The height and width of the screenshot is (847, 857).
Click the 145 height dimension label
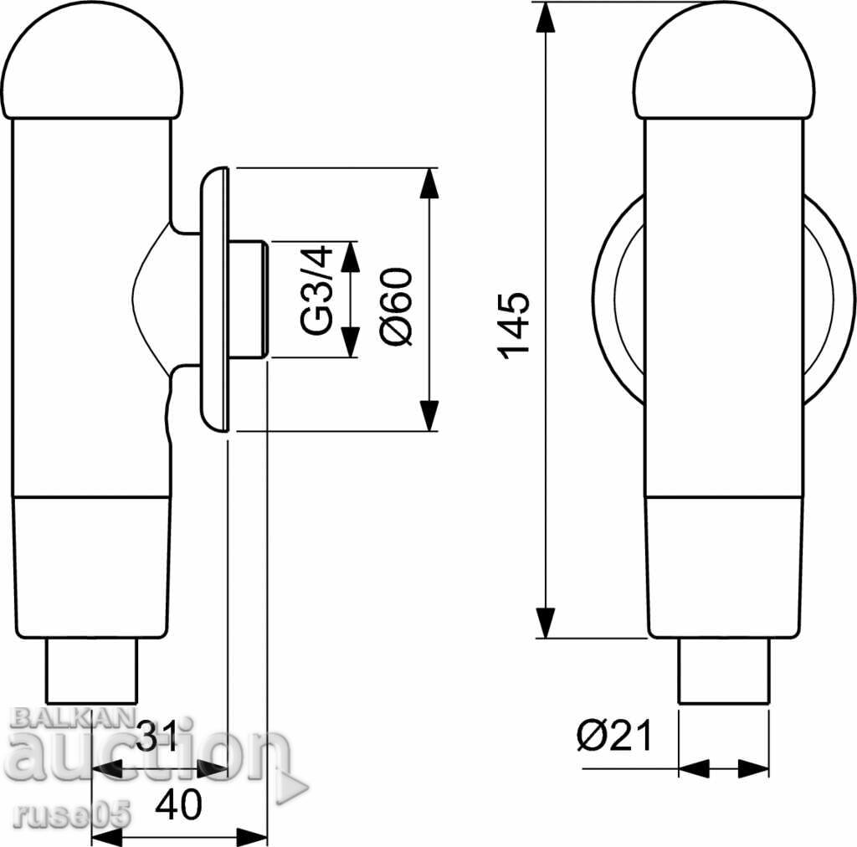click(x=515, y=326)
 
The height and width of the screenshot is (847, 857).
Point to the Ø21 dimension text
click(x=614, y=736)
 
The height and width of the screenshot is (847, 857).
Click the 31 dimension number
click(x=157, y=736)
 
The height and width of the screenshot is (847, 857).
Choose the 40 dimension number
click(x=179, y=803)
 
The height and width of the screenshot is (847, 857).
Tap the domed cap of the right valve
click(x=724, y=61)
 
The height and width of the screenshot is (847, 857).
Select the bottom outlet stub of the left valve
click(x=92, y=670)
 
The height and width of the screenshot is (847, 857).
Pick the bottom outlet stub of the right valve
click(x=724, y=670)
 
